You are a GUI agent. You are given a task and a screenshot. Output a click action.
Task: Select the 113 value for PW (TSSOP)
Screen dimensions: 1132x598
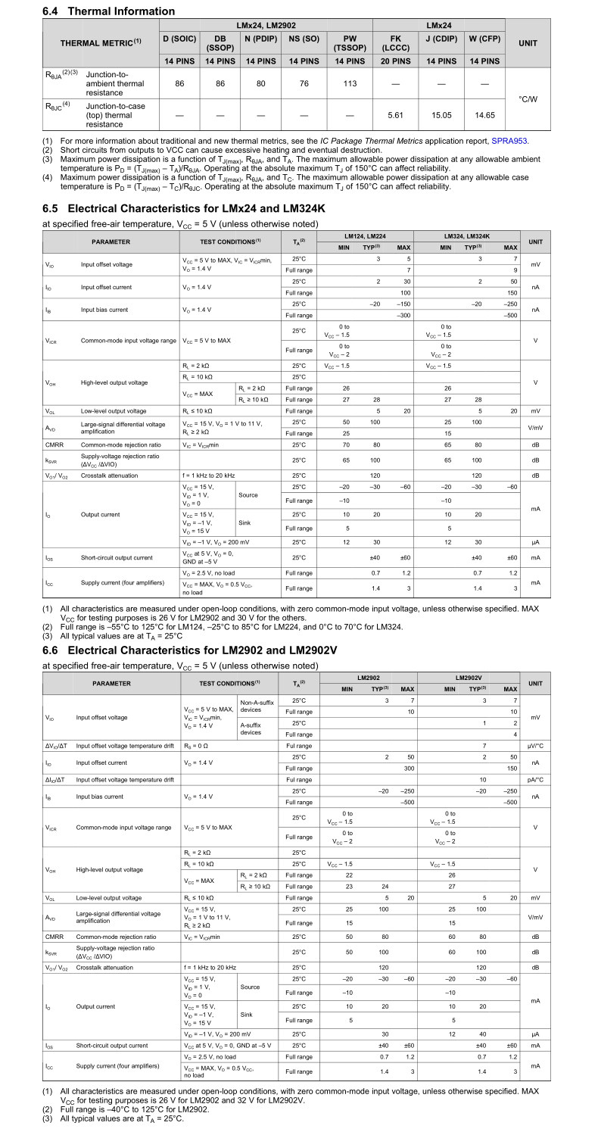[x=350, y=83]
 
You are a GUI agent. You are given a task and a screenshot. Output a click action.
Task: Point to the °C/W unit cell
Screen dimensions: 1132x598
[x=528, y=99]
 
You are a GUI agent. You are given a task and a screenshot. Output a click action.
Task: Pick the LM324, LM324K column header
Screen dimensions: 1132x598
[x=469, y=236]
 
